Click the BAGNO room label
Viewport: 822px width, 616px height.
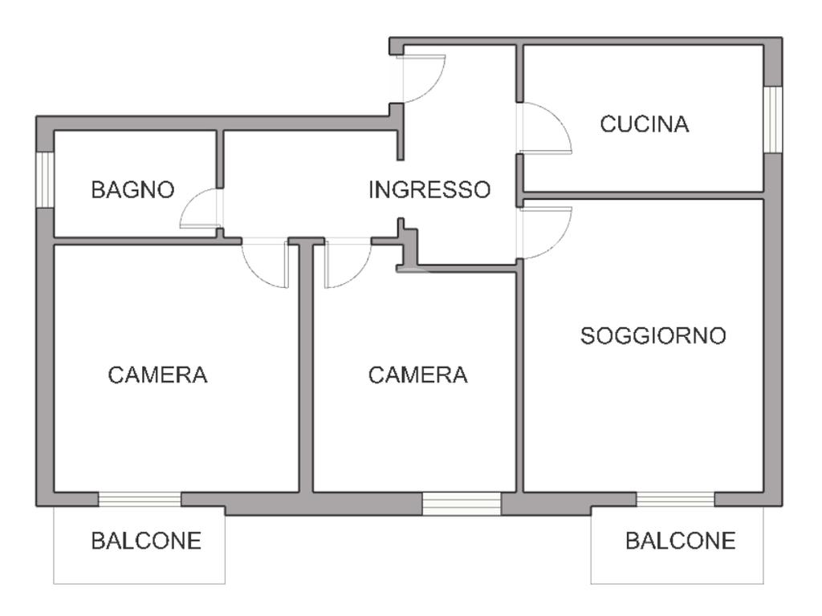pyautogui.click(x=132, y=190)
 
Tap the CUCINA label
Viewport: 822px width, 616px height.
pyautogui.click(x=645, y=124)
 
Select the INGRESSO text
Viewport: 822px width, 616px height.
pyautogui.click(x=429, y=190)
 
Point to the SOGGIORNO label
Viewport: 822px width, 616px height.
pyautogui.click(x=653, y=335)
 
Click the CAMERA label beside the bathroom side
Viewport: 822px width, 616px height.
pyautogui.click(x=157, y=375)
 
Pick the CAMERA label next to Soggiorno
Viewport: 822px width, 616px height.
pyautogui.click(x=417, y=375)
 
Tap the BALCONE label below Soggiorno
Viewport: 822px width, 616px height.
pyautogui.click(x=680, y=541)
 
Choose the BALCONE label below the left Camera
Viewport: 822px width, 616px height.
pyautogui.click(x=146, y=541)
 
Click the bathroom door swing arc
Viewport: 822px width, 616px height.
pyautogui.click(x=197, y=210)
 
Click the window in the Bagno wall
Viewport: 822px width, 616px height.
pyautogui.click(x=45, y=180)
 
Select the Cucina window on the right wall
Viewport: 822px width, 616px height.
pyautogui.click(x=772, y=119)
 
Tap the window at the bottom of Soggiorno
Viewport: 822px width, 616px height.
pyautogui.click(x=675, y=500)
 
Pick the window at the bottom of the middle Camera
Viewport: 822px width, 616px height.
pyautogui.click(x=462, y=504)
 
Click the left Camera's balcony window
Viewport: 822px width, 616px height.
pyautogui.click(x=140, y=500)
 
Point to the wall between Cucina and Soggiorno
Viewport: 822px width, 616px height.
pyautogui.click(x=642, y=195)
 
